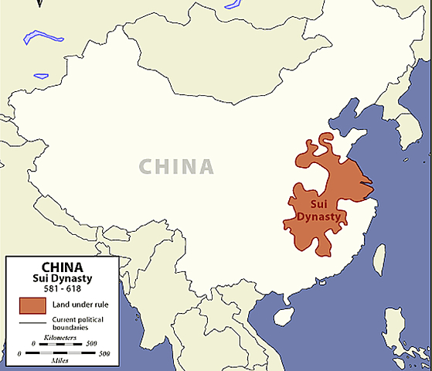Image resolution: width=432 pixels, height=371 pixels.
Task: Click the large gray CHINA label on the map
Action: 176,166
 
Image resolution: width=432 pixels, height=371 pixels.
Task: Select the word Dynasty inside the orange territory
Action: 318,217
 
